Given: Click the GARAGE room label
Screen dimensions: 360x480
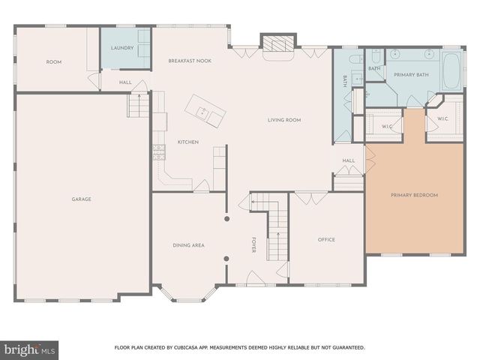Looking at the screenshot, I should (82, 199).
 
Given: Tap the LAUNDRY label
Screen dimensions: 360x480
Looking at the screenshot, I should (121, 48).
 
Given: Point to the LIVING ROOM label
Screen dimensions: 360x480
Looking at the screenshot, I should (284, 120).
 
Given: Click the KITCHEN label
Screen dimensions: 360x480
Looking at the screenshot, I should (187, 142).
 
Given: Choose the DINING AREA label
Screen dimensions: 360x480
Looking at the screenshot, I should (188, 245).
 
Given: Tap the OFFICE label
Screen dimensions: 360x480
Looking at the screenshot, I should (325, 240).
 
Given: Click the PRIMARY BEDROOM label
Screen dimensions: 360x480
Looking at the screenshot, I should (414, 195).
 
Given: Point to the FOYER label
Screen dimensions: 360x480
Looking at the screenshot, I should (254, 245).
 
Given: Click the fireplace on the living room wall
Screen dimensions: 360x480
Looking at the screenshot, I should (278, 46).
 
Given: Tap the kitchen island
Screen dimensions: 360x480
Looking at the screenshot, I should (206, 111).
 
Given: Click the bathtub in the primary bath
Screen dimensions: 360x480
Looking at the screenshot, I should (452, 70).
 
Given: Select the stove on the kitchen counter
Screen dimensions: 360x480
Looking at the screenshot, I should (159, 152).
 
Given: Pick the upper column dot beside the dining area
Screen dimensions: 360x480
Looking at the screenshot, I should (226, 220).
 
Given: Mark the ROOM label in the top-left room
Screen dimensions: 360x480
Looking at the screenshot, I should (53, 61).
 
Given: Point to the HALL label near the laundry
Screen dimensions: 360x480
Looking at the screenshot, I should (125, 82).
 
